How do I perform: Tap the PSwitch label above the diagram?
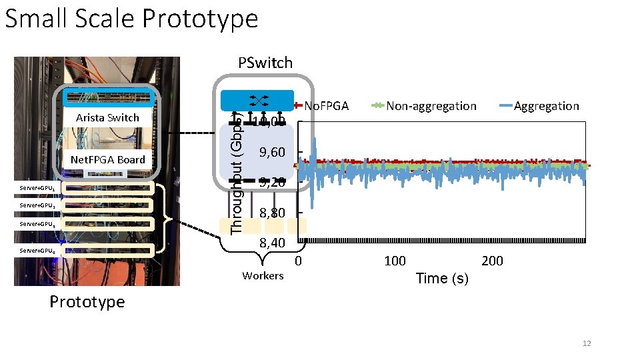tap(265, 63)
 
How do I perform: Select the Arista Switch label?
tap(107, 118)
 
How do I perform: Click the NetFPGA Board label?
tap(107, 160)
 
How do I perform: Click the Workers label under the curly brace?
tap(263, 276)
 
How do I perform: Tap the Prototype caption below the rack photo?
tap(87, 302)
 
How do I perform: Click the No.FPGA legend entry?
tap(326, 105)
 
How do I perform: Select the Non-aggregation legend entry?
tap(431, 106)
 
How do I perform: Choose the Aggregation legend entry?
tap(546, 106)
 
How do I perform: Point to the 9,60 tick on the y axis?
tap(272, 153)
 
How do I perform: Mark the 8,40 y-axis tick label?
tap(272, 243)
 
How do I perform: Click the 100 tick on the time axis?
tap(395, 261)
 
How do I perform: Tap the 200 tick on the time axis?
tap(492, 261)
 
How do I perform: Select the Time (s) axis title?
tap(442, 279)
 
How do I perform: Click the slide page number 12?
tap(587, 343)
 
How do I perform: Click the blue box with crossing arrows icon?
tap(257, 100)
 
